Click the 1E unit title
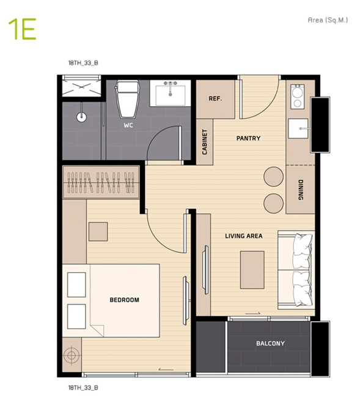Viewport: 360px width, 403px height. click(x=22, y=29)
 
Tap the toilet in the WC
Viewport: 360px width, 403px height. click(x=128, y=98)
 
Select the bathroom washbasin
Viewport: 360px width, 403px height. click(x=171, y=93)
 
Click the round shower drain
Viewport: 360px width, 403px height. click(x=81, y=117)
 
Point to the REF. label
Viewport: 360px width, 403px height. click(x=215, y=98)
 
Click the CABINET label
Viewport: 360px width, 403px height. click(x=205, y=142)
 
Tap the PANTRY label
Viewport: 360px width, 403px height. click(x=248, y=138)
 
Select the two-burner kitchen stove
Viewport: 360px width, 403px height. click(x=298, y=96)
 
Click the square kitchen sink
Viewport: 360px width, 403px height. click(x=298, y=128)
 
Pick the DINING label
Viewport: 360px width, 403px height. click(x=301, y=190)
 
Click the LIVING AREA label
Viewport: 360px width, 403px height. click(x=244, y=236)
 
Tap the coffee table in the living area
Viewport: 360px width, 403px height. click(x=252, y=270)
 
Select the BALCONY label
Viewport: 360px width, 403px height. click(x=270, y=343)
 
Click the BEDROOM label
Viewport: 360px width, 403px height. click(x=124, y=300)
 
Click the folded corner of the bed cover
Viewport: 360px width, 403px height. click(x=97, y=330)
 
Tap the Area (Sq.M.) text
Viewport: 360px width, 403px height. click(x=328, y=20)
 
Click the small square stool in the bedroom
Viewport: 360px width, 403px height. click(x=98, y=231)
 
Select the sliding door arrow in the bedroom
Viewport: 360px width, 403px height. click(x=166, y=369)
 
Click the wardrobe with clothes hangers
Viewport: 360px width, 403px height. click(x=101, y=182)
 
